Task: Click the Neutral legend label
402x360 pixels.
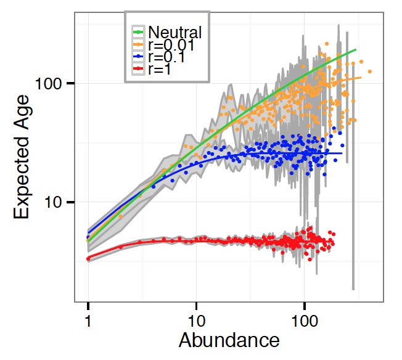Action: [175, 31]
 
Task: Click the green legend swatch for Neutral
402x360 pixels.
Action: [139, 31]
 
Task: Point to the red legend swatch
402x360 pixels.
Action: [139, 70]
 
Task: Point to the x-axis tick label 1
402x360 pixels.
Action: [88, 321]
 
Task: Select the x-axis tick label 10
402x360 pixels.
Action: [196, 321]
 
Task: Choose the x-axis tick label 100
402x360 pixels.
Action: [304, 321]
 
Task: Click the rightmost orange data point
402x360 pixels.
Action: [369, 72]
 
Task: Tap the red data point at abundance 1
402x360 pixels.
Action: [88, 259]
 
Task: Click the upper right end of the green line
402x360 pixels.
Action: [356, 50]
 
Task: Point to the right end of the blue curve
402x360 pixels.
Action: [341, 153]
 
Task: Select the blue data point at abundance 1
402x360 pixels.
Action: [88, 237]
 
